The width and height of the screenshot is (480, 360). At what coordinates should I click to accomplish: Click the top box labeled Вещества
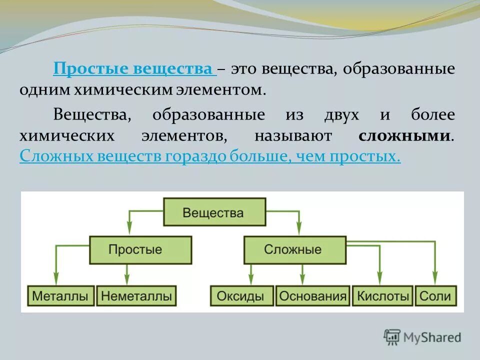(214, 212)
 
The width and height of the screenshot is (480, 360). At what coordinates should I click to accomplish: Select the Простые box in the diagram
(141, 249)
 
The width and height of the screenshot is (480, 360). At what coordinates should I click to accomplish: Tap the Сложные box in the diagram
(294, 249)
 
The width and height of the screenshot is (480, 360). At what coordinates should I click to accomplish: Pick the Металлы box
(60, 295)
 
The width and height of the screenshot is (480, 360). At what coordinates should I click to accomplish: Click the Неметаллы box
(136, 295)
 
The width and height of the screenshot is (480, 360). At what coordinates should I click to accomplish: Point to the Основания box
(313, 295)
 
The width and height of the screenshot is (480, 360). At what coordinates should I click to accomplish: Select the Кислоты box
(383, 295)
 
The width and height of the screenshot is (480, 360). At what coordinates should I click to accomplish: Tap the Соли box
(435, 295)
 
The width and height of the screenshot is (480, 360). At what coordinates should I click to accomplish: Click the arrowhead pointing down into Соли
(435, 279)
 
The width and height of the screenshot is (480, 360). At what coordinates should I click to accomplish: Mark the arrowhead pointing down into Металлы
(56, 279)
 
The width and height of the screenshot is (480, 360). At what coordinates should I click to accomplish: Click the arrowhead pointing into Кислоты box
(379, 279)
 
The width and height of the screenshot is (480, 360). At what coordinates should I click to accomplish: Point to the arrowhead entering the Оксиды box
(251, 279)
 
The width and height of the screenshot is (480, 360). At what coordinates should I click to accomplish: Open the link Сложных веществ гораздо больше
(210, 157)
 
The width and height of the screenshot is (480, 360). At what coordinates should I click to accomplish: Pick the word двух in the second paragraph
(340, 115)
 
